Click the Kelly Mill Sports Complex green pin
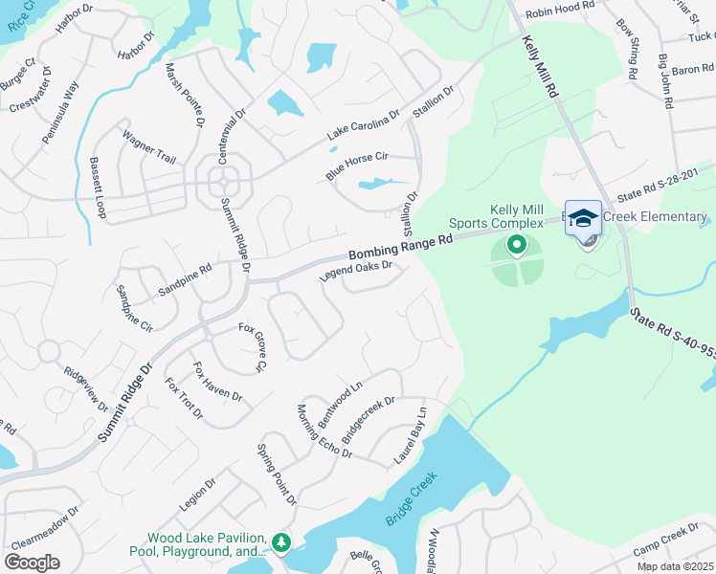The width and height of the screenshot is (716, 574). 517,246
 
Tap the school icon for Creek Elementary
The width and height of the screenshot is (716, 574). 583,219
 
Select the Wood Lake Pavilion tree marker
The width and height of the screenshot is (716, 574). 280,543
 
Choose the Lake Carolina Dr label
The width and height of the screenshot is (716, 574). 363,125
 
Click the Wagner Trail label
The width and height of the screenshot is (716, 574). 149,147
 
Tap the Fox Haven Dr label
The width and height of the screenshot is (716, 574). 217,382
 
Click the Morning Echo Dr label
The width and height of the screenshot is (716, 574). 324,431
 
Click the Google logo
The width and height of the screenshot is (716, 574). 32,563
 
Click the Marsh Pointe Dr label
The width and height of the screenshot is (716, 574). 186,96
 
